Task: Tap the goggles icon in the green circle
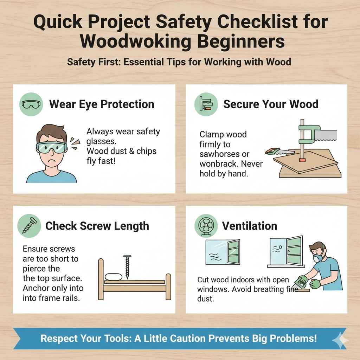(31, 104)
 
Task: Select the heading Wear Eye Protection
(102, 104)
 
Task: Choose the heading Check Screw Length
(97, 226)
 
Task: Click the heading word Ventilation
(250, 226)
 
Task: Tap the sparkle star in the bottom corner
(340, 340)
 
